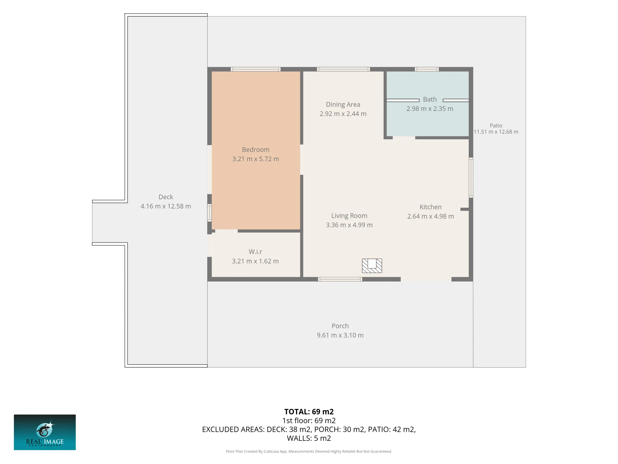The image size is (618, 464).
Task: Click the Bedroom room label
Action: [x=256, y=150]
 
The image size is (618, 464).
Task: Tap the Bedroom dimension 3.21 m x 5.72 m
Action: [x=256, y=159]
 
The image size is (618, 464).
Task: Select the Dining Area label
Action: [x=343, y=105]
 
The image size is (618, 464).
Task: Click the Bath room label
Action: [x=430, y=99]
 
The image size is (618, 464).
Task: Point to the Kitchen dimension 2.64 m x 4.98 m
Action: [x=430, y=217]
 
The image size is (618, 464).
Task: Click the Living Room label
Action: [x=349, y=216]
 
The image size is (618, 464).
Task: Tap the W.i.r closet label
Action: [x=255, y=252]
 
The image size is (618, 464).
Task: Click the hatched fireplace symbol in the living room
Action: [x=372, y=266]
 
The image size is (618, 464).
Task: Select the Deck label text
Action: [x=166, y=197]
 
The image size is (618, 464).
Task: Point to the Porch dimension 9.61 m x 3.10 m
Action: [x=340, y=335]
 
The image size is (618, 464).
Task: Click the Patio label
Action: [x=496, y=126]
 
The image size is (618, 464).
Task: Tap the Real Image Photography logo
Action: [x=45, y=432]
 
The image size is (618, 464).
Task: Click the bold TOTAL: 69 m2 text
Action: [x=309, y=412]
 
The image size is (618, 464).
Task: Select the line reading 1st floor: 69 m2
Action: [x=309, y=421]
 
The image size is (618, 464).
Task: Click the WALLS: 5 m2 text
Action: [x=309, y=438]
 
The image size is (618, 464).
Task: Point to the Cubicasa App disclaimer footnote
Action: [x=309, y=452]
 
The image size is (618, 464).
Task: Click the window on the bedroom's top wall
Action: [x=256, y=69]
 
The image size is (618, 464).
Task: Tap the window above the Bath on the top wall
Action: [x=427, y=69]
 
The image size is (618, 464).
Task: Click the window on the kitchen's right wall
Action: [x=471, y=178]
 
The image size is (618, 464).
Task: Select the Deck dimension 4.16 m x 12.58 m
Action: [x=166, y=206]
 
